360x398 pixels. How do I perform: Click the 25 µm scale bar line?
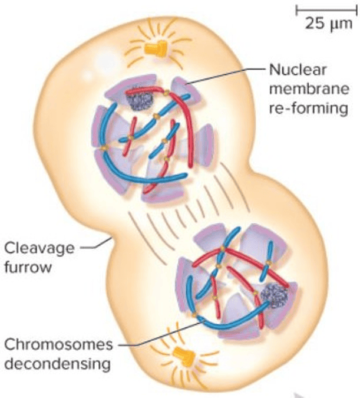pyautogui.click(x=323, y=10)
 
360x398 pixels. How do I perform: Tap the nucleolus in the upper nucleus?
pyautogui.click(x=139, y=100)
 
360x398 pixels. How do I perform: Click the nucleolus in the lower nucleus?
pyautogui.click(x=273, y=293)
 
